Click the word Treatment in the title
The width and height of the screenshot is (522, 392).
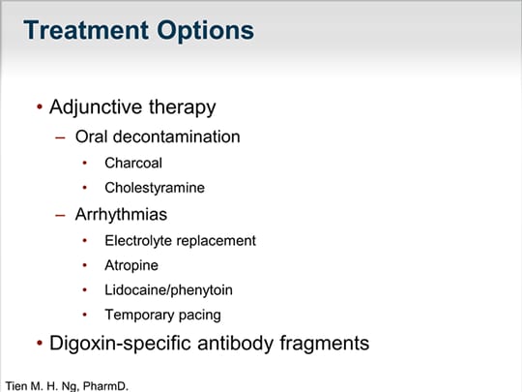pyautogui.click(x=86, y=30)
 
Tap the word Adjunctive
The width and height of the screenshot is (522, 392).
pyautogui.click(x=96, y=108)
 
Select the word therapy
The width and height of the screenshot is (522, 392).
pyautogui.click(x=183, y=107)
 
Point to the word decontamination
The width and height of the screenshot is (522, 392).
pyautogui.click(x=177, y=136)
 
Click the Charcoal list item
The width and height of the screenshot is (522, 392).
pyautogui.click(x=133, y=163)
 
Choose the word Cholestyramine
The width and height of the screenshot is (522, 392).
pyautogui.click(x=155, y=189)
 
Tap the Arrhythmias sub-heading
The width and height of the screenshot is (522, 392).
pyautogui.click(x=121, y=215)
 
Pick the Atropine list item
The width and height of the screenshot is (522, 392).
pyautogui.click(x=131, y=266)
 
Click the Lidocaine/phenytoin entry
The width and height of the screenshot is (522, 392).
pyautogui.click(x=168, y=290)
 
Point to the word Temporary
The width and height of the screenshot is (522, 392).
pyautogui.click(x=139, y=316)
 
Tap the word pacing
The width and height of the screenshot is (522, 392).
pyautogui.click(x=200, y=316)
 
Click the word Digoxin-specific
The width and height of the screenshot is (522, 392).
pyautogui.click(x=121, y=344)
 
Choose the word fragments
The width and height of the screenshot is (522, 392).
pyautogui.click(x=324, y=344)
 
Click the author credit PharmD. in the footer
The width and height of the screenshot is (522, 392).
pyautogui.click(x=105, y=386)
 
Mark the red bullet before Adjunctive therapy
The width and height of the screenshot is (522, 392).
pyautogui.click(x=40, y=107)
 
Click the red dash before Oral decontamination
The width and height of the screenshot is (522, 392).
pyautogui.click(x=60, y=137)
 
